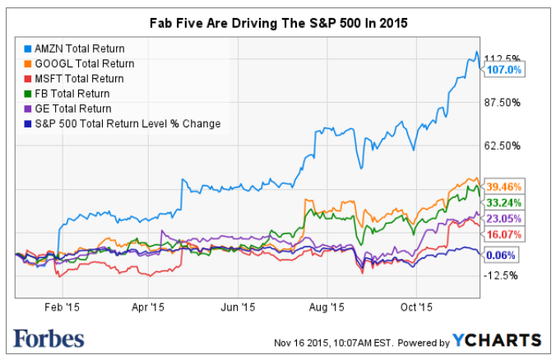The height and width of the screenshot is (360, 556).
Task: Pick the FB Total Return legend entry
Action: (75, 94)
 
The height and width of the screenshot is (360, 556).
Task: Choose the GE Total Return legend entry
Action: (75, 108)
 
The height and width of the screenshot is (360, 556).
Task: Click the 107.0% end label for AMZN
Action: (504, 71)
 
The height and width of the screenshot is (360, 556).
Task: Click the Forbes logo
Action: (49, 338)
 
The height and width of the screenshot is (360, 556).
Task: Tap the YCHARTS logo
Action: (496, 340)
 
